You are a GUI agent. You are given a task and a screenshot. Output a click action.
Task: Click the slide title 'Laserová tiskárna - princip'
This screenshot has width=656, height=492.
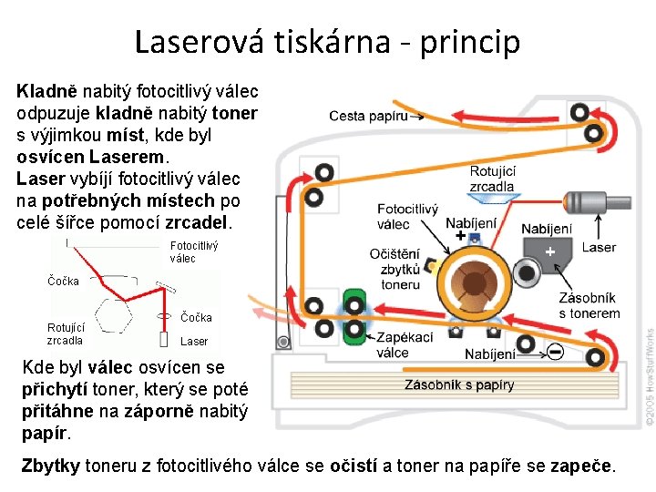click(327, 41)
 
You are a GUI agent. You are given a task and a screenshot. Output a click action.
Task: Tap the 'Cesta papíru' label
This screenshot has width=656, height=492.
click(368, 116)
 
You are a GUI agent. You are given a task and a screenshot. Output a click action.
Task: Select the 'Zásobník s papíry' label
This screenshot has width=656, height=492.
click(459, 384)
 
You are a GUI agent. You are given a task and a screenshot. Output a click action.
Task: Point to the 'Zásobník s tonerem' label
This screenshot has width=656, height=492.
click(589, 305)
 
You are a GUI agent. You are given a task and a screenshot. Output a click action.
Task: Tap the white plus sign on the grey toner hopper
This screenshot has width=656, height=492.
click(548, 250)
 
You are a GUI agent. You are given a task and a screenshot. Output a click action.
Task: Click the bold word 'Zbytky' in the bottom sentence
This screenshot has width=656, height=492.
click(50, 466)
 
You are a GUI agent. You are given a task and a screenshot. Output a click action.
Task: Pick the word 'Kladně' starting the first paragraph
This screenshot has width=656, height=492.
click(47, 91)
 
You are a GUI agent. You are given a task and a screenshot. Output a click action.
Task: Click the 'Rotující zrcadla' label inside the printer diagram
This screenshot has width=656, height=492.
click(492, 179)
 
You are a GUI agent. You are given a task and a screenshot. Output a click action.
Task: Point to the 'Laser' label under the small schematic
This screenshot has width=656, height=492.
click(194, 342)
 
